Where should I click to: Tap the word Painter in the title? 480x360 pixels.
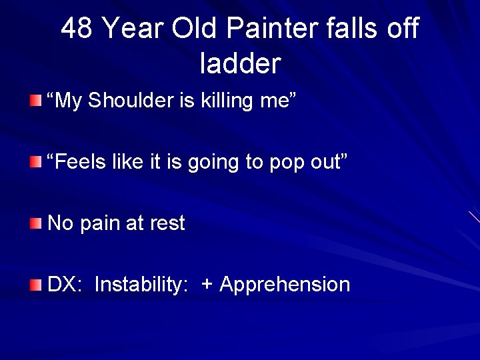tap(269, 29)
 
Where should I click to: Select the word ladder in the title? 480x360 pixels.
tap(240, 63)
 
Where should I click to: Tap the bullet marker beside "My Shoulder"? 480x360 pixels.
tap(35, 100)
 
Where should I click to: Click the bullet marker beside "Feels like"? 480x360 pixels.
tap(35, 161)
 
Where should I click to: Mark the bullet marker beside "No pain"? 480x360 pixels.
tap(35, 223)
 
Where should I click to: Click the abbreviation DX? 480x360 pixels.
tap(65, 285)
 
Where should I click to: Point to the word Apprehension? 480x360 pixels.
tap(285, 285)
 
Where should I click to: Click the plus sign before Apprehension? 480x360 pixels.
tap(207, 285)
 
